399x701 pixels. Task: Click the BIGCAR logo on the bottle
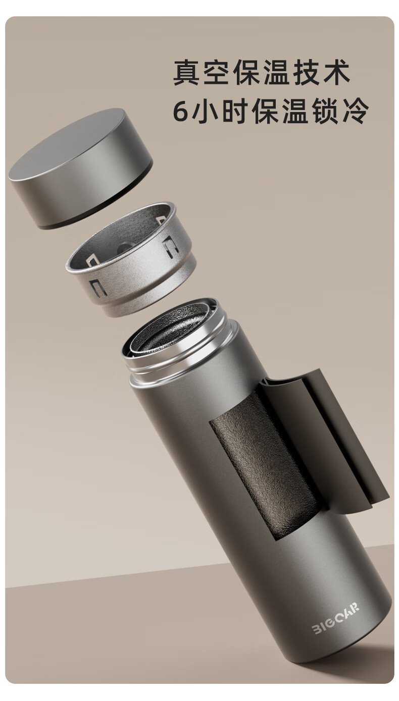(x=335, y=618)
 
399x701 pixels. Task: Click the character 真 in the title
(x=186, y=72)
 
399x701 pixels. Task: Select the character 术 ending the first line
(x=336, y=72)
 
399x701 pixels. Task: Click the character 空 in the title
(x=216, y=72)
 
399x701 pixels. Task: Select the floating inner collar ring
(x=131, y=259)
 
